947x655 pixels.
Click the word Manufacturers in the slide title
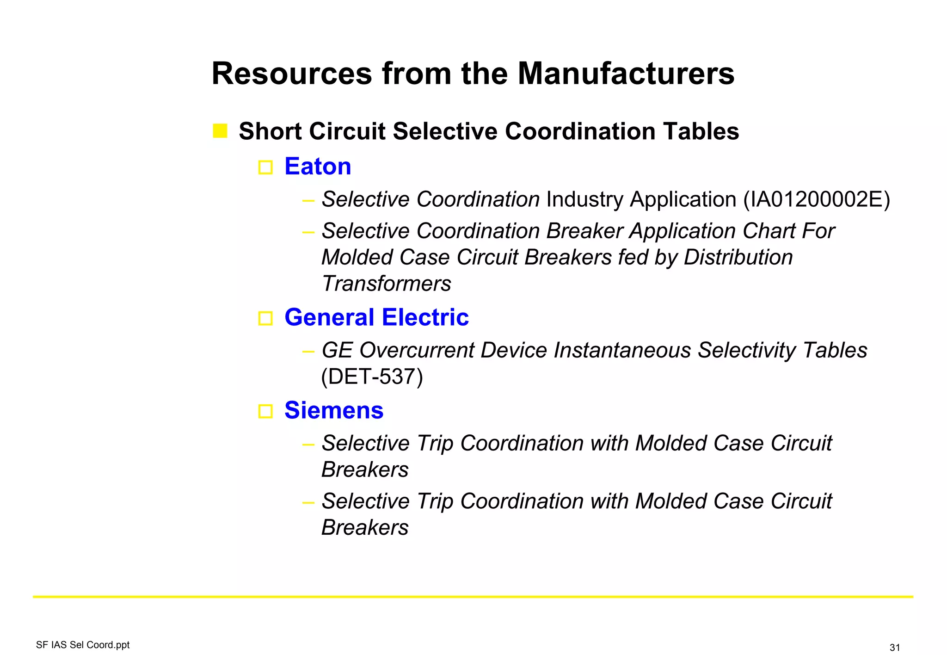(626, 74)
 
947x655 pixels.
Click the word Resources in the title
(292, 74)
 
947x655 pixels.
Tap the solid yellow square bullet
(220, 131)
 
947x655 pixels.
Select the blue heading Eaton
(318, 167)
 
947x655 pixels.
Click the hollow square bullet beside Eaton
(265, 167)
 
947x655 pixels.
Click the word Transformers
(386, 284)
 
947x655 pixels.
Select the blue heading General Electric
(376, 317)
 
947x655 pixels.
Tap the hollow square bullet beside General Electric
(265, 318)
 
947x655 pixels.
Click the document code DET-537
(372, 377)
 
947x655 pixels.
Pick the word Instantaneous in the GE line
(622, 350)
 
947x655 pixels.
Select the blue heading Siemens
(334, 410)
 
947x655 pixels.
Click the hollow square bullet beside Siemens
(265, 411)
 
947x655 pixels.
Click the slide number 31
(894, 648)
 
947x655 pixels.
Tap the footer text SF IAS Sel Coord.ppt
(83, 645)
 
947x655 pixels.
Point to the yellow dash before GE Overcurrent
(308, 352)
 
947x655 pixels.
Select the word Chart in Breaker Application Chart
(769, 231)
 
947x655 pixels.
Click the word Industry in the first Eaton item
(584, 200)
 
